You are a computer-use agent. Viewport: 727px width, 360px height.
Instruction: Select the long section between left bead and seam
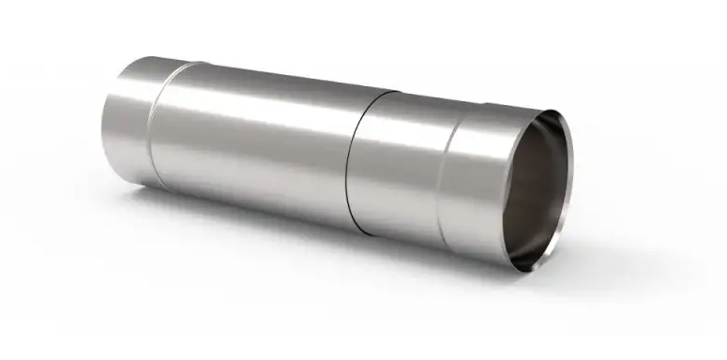click(253, 141)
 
